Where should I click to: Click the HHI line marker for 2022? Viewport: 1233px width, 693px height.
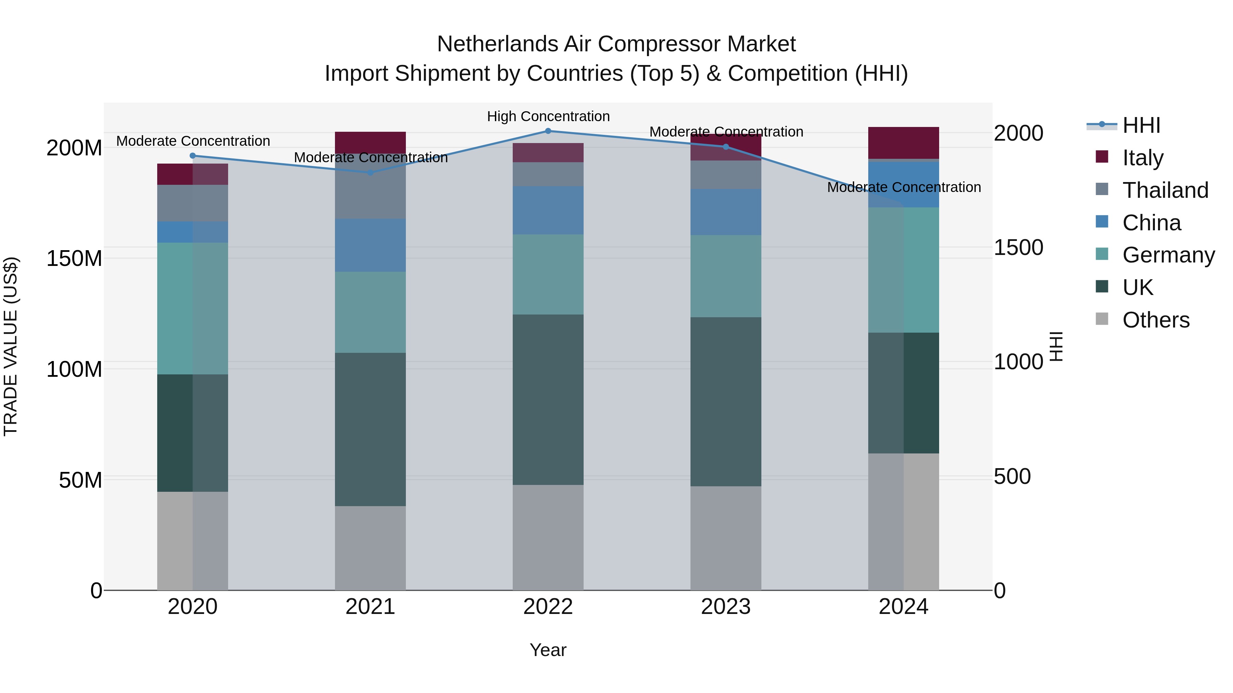(548, 131)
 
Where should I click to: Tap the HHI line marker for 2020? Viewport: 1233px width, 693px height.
(193, 155)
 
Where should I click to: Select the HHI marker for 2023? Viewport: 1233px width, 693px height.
(726, 147)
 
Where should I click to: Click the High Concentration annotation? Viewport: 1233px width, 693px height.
(548, 116)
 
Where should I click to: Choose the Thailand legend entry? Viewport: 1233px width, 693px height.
(1165, 190)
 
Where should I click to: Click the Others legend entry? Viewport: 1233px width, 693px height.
(1156, 320)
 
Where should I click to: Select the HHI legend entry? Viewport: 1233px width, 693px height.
(1141, 125)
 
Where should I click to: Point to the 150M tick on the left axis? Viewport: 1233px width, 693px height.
(74, 258)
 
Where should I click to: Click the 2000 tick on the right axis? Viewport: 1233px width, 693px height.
(1018, 133)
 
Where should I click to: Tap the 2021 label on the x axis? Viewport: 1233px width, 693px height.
(370, 607)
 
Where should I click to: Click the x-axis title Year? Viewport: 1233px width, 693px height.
(548, 650)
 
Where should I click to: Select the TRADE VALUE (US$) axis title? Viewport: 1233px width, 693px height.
(11, 346)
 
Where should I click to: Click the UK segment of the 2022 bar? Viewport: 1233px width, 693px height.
(548, 399)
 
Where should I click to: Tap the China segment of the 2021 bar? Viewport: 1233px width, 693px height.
(370, 245)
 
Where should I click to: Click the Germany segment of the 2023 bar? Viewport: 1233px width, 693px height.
(726, 276)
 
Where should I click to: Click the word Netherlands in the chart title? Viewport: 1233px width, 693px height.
(497, 44)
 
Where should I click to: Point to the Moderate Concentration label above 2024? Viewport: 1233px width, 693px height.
(904, 187)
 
